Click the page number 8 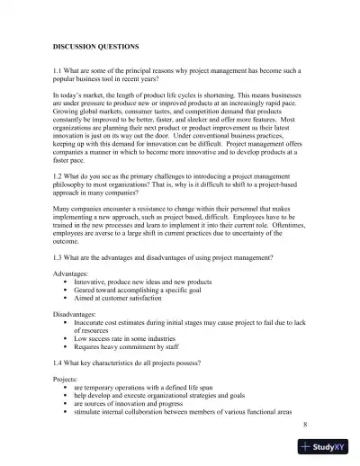coord(306,423)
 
